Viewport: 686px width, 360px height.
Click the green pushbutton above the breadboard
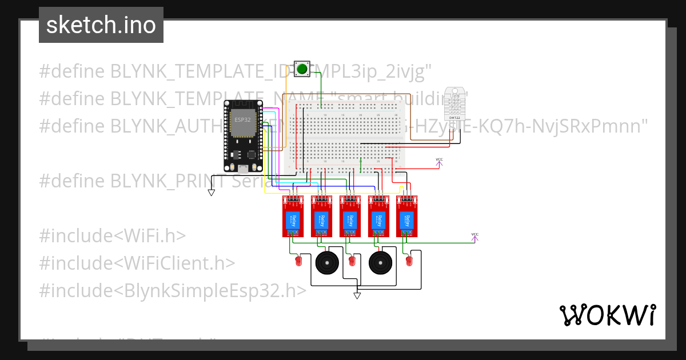click(x=301, y=69)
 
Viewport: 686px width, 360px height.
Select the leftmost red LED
click(x=298, y=262)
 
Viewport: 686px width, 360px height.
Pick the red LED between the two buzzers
click(x=352, y=262)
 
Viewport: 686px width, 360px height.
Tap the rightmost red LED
click(x=409, y=262)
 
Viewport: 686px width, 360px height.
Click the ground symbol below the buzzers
click(x=357, y=295)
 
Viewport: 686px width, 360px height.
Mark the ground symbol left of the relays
click(x=212, y=193)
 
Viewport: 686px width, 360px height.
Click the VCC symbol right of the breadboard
click(x=439, y=163)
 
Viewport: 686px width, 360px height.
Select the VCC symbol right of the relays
click(x=474, y=237)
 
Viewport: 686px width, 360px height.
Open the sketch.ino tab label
click(x=101, y=25)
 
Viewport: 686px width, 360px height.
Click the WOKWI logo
click(x=607, y=315)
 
